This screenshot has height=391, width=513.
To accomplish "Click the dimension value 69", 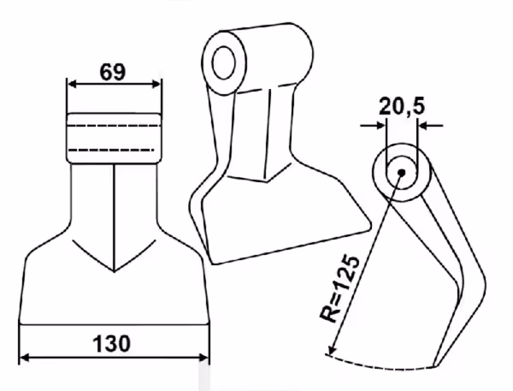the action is click(113, 72).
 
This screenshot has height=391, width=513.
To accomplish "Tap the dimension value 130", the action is click(111, 344).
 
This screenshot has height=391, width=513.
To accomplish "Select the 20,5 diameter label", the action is click(402, 107).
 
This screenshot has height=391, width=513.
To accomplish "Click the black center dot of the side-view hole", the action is click(402, 172).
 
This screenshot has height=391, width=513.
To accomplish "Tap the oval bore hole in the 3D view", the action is click(224, 62).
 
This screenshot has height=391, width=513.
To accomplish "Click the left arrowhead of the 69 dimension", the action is click(72, 84).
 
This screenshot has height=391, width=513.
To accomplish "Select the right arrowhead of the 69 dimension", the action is click(156, 84).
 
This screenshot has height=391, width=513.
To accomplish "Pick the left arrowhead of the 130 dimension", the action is click(25, 358).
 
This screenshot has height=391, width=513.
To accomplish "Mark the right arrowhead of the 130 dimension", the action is click(203, 358).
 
